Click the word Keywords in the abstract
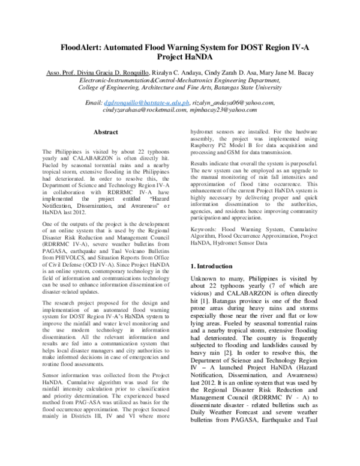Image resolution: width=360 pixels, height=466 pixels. click(x=203, y=228)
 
